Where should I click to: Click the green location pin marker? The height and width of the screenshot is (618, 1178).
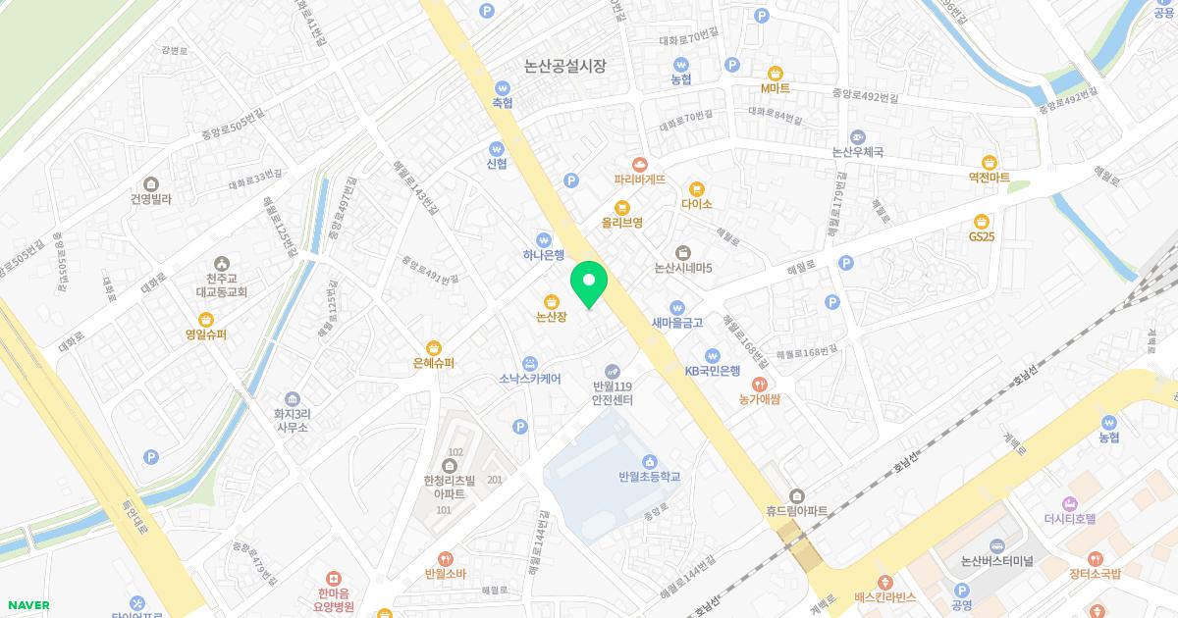coord(589,284)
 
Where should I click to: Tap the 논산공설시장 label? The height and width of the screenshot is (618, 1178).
coord(565,67)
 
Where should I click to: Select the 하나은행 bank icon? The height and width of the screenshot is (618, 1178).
coord(544,239)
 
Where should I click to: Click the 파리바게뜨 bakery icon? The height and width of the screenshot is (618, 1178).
coord(640,164)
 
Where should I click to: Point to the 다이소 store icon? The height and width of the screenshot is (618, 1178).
coord(696,188)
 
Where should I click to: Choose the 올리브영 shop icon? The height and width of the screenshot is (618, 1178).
coord(621,207)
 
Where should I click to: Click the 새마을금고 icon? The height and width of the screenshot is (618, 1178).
coord(676,306)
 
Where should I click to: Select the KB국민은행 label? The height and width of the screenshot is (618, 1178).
coord(713,371)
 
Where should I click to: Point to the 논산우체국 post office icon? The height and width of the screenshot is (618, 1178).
coord(858,136)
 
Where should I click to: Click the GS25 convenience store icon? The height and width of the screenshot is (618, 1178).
coord(981,221)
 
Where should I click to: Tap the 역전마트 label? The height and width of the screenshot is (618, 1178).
coord(989,178)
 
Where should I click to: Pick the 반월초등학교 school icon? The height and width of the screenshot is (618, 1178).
coord(649,461)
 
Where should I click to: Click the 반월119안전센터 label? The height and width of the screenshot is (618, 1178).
coord(613,393)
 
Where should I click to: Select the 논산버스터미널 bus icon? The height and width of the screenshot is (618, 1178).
coord(997,544)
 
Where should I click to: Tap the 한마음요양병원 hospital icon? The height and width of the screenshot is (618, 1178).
coord(335,579)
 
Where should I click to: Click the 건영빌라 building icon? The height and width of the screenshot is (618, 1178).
coord(150,183)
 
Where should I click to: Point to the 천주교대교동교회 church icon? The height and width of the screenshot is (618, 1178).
coord(221,263)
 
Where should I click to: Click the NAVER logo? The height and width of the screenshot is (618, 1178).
coord(27,605)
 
